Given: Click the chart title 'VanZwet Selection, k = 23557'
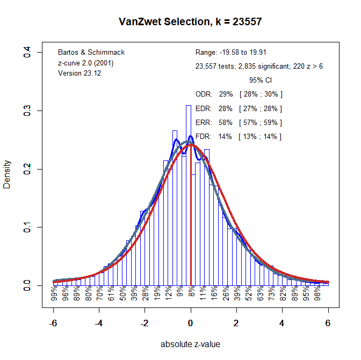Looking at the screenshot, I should tap(190, 22).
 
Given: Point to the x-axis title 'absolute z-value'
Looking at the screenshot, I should tap(190, 344).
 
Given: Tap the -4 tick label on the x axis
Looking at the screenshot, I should tap(99, 323).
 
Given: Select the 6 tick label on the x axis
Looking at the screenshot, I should tap(328, 323).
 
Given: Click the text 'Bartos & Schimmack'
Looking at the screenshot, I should tap(91, 53).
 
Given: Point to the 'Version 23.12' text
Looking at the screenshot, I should tap(80, 73).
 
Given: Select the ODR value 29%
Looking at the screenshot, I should tap(226, 94).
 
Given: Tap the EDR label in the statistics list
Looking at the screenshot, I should tap(204, 108).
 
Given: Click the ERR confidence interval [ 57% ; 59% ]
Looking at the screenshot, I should tap(261, 122).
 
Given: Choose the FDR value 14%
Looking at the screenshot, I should tap(226, 136).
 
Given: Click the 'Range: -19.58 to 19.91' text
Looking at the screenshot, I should tap(231, 53).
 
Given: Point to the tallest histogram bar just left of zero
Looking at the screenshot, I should tap(189, 188).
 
